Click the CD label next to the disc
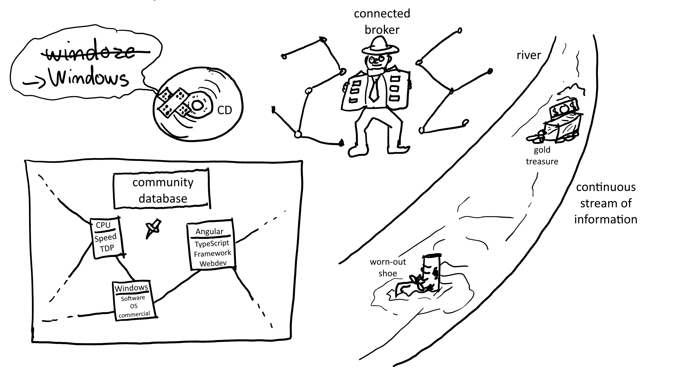224,110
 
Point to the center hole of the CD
197,105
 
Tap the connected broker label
382,22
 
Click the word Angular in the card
209,231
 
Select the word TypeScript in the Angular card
212,244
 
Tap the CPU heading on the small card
103,225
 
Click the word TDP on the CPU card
107,248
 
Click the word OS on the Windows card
134,306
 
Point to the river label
528,55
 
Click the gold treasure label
542,155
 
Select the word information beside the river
606,219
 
